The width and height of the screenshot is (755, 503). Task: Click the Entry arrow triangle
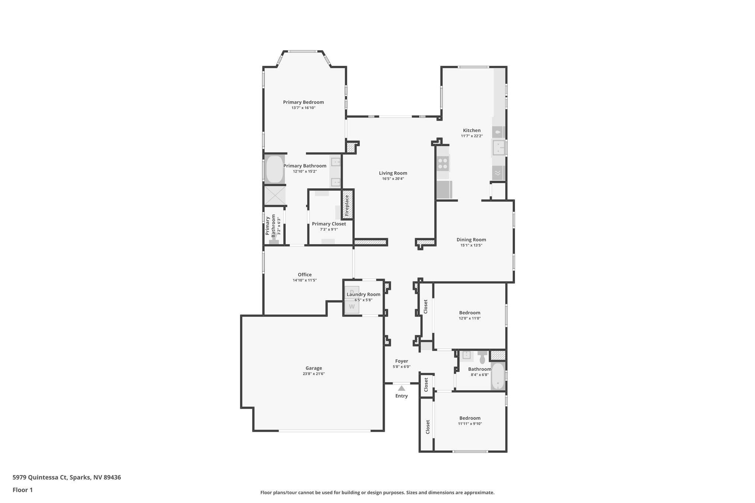[x=401, y=388]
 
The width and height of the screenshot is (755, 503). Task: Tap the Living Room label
[x=393, y=173]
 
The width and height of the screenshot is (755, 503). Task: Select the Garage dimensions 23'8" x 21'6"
[x=314, y=374]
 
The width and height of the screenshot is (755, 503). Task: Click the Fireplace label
[x=347, y=205]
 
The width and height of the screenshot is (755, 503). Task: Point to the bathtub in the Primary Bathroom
[x=274, y=169]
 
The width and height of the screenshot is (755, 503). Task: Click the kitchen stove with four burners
[x=443, y=163]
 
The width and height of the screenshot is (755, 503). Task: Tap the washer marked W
[x=352, y=307]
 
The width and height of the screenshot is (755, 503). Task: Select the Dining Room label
[x=471, y=240]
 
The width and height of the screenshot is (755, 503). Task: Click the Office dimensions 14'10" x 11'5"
[x=305, y=280]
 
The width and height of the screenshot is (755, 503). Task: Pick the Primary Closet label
[x=329, y=224]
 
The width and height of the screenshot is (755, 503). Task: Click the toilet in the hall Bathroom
[x=482, y=357]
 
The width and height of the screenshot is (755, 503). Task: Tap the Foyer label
[x=401, y=361]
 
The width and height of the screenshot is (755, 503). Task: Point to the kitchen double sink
[x=498, y=148]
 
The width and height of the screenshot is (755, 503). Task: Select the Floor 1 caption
[x=22, y=490]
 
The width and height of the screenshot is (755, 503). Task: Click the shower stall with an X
[x=275, y=195]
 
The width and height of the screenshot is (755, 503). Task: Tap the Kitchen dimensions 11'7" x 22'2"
[x=472, y=136]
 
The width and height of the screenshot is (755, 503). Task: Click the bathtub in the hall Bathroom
[x=498, y=376]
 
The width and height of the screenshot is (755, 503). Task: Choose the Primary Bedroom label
[x=303, y=102]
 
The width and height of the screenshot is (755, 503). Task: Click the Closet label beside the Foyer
[x=426, y=384]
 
